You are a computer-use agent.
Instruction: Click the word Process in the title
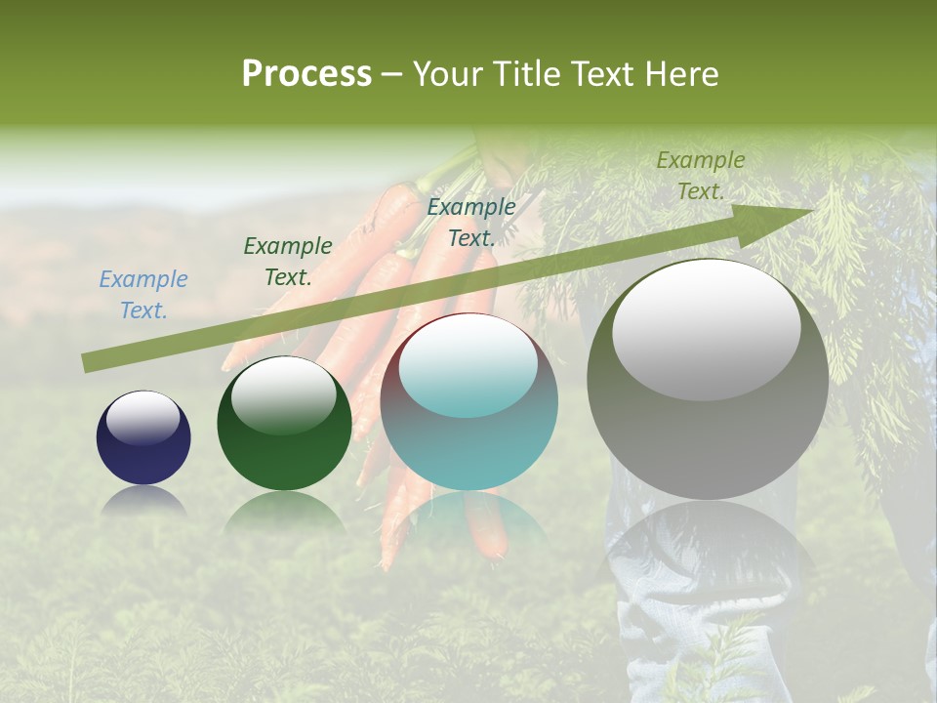coord(306,74)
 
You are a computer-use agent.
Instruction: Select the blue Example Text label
coord(143,295)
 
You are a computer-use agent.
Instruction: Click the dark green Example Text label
coord(288,262)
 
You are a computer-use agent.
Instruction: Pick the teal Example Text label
coord(471,223)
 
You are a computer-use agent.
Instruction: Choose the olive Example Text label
coord(701,176)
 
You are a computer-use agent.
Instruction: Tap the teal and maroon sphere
coord(469,439)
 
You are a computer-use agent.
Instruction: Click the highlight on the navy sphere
coord(143,418)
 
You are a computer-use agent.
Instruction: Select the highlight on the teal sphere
coord(468,367)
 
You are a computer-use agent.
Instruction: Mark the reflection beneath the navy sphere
coord(143,500)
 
